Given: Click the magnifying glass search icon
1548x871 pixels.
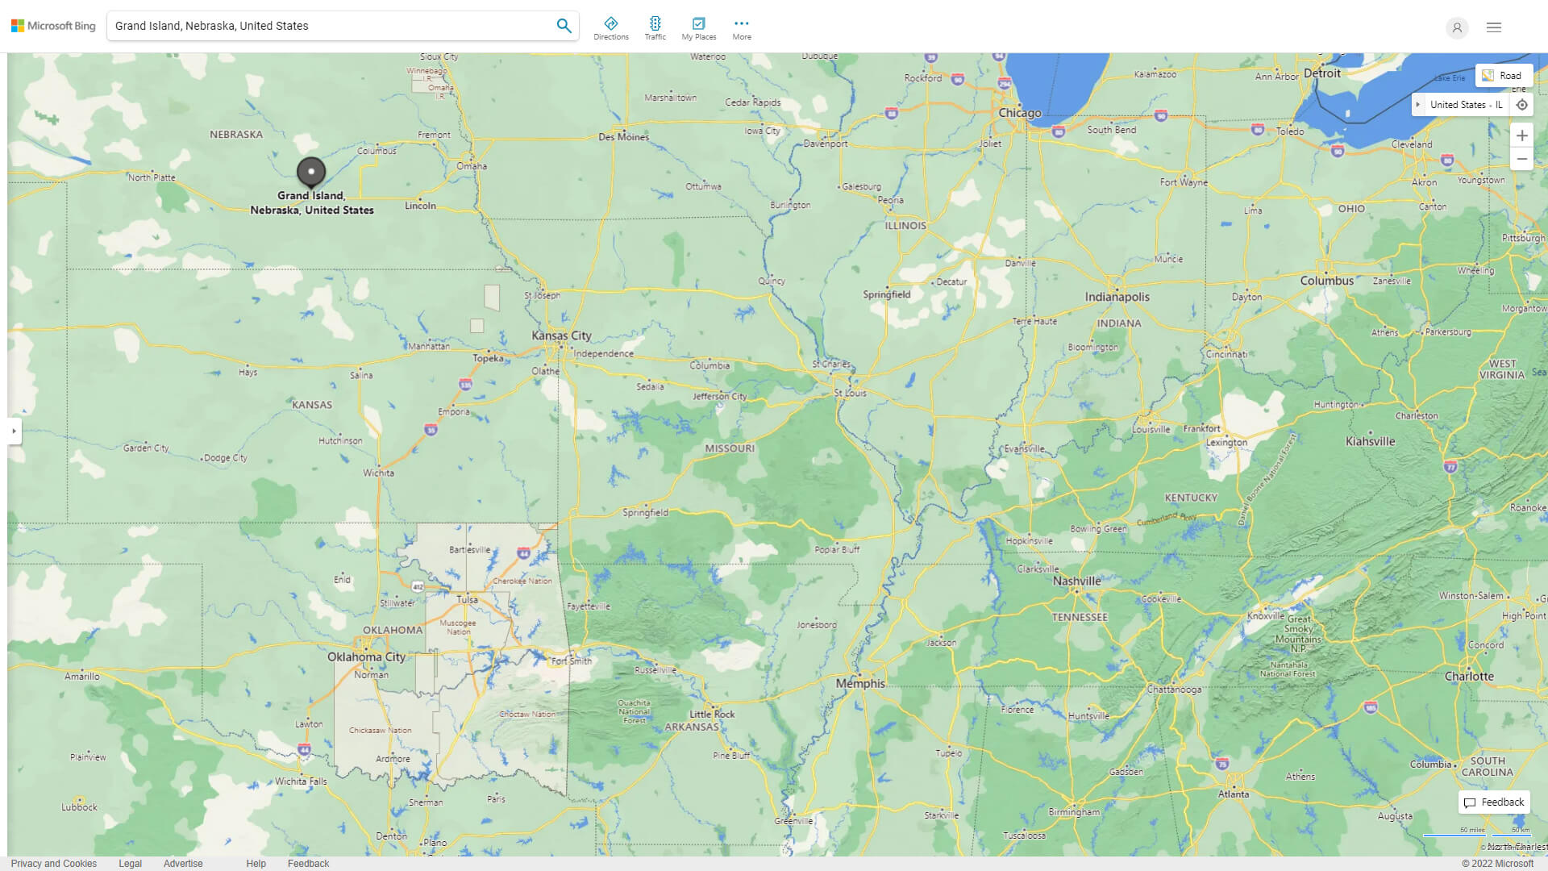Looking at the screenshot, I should point(564,26).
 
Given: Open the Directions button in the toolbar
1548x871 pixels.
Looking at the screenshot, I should point(610,28).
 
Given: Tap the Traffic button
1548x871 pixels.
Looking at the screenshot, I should point(655,28).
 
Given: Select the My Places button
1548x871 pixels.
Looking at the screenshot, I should point(698,28).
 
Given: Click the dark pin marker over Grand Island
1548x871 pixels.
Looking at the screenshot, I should point(311,171).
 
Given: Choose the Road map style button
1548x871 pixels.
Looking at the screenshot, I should point(1503,75).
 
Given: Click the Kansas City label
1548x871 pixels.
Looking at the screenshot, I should point(561,335).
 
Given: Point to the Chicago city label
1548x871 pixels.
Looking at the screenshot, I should point(1019,113).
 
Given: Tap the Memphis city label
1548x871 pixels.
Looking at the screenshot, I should point(860,683).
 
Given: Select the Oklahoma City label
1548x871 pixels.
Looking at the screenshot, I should point(366,656).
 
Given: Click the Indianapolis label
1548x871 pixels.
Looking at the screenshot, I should point(1117,297).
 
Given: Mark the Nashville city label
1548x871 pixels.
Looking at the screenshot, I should point(1076,581).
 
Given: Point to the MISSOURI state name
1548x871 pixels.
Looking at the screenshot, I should point(729,448).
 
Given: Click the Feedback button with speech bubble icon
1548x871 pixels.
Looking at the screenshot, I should point(1494,802).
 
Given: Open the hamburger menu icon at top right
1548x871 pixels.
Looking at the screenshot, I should point(1493,27).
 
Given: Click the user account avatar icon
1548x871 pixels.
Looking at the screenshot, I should point(1456,27).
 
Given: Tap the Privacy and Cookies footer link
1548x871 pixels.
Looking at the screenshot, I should point(53,863).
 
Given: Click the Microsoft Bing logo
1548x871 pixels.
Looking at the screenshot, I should point(53,26).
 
